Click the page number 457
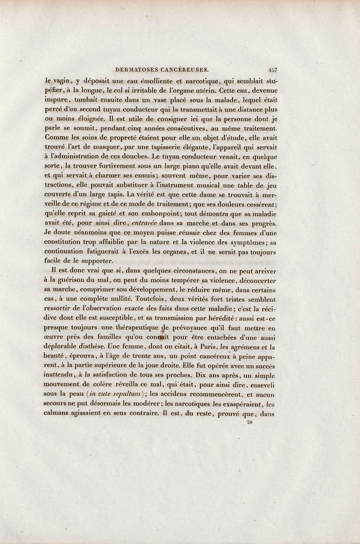click(272, 70)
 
